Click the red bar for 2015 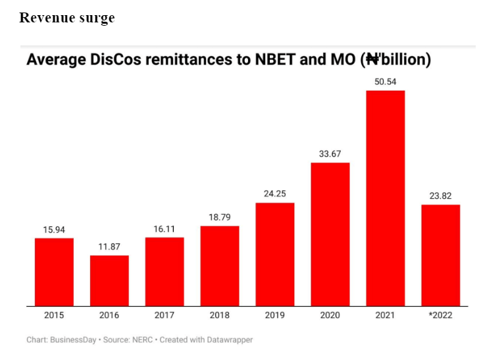point(54,272)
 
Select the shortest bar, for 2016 point(109,280)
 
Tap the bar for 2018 point(220,266)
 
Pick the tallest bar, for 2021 point(386,197)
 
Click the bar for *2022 point(441,255)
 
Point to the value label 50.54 point(386,82)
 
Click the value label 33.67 point(330,154)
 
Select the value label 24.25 point(275,194)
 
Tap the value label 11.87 point(109,247)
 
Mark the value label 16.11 point(164,229)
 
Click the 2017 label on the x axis point(164,315)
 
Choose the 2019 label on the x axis point(275,315)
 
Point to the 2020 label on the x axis point(330,315)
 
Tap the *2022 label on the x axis point(441,315)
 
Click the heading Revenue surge point(66,18)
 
